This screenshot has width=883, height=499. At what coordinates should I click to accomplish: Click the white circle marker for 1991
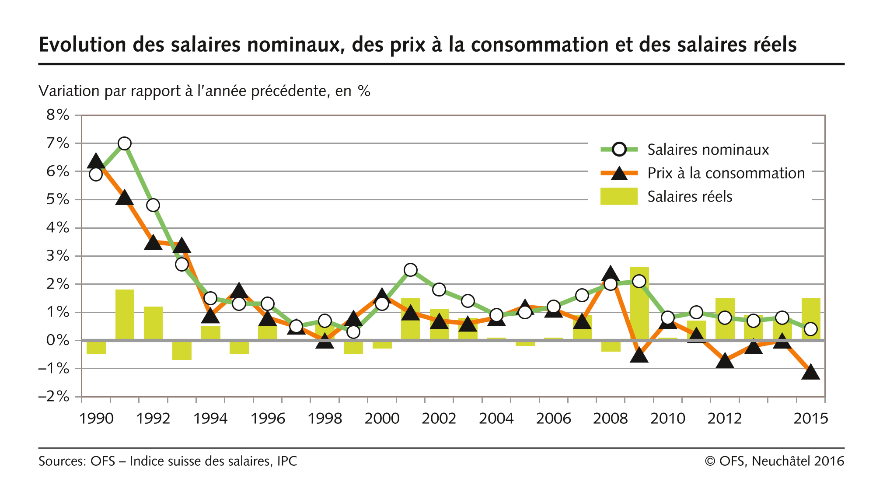[125, 143]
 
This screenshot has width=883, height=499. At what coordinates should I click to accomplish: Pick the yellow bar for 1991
[125, 314]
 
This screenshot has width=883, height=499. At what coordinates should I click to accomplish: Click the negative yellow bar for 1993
[182, 350]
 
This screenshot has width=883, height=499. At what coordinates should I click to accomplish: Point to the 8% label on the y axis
[58, 115]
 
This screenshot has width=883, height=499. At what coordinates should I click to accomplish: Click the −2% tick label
[54, 397]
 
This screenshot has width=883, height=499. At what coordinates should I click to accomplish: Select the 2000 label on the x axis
[382, 419]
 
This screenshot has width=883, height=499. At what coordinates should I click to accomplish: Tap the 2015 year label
[810, 419]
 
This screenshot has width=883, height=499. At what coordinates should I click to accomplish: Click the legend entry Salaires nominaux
[708, 150]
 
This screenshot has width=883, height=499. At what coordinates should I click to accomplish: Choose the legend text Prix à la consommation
[726, 173]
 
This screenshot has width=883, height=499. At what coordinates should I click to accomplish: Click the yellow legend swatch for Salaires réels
[619, 196]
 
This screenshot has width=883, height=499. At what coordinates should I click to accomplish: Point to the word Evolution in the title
[83, 45]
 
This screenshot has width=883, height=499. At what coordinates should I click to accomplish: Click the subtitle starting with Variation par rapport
[204, 91]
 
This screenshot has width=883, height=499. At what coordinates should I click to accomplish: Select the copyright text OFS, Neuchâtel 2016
[774, 461]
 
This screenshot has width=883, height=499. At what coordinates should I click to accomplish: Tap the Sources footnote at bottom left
[168, 461]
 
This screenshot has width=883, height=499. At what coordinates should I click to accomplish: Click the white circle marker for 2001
[410, 270]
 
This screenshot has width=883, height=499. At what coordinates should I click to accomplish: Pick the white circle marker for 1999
[353, 332]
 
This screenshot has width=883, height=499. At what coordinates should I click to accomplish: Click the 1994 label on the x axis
[210, 419]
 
